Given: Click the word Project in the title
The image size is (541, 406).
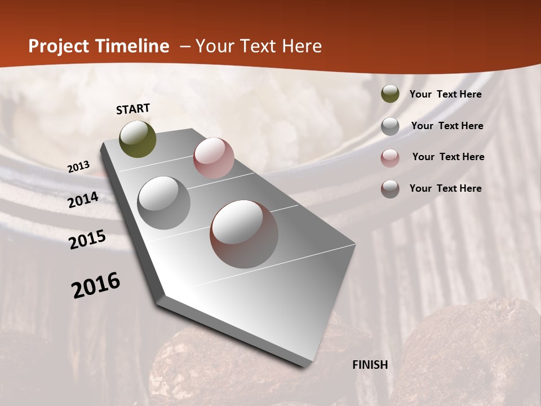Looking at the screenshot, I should coord(58,46).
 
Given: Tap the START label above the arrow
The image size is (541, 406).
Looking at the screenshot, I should coord(133,109).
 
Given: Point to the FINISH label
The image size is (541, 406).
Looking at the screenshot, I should coord(370,365).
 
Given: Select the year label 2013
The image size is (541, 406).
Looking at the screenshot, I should coord(79,166).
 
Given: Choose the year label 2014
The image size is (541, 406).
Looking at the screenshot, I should coord(83,200).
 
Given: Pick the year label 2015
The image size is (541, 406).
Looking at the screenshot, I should coord(87,240).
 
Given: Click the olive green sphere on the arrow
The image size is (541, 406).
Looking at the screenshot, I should coord(138,139).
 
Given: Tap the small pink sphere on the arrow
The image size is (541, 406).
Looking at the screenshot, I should coord(214,158).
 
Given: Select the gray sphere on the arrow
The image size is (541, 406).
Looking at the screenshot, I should coord(164,203).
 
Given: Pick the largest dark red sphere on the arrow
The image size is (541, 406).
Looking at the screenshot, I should coord(244,234).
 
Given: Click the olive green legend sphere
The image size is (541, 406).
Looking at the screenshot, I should coord(390,94).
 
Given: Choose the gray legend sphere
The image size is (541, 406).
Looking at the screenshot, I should coord(390,126).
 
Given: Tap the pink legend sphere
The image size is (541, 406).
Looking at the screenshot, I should coord(390,158).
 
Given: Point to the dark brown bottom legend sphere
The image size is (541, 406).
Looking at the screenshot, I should coord(390,189).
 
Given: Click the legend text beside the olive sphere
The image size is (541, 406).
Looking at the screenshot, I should coord(446,94).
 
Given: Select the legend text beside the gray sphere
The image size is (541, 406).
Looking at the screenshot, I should coord(447,126).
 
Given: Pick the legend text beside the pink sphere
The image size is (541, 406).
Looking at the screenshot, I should coord(449,157).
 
